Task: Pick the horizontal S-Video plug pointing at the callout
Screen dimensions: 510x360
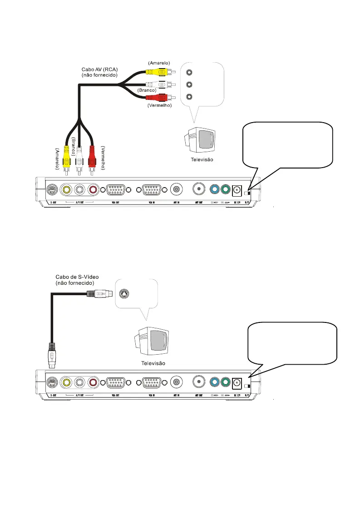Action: click(99, 294)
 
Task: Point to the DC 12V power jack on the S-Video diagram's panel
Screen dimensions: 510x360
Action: click(236, 383)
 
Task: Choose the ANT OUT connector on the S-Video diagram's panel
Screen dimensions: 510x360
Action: click(199, 382)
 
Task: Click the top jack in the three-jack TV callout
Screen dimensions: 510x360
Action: click(190, 72)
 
